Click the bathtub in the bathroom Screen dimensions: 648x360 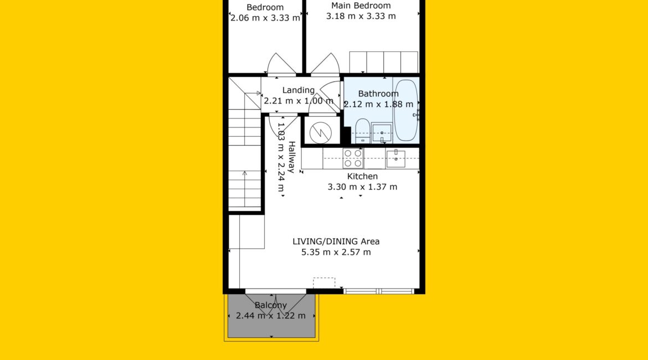406,110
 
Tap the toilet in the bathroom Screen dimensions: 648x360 362,131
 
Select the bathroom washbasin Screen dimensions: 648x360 382,133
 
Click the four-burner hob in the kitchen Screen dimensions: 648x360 353,158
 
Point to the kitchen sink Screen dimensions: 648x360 395,158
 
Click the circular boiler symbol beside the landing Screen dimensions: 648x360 321,133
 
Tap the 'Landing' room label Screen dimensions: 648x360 299,90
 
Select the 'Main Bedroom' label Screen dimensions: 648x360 361,6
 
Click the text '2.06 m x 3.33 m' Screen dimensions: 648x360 265,18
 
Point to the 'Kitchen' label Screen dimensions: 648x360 362,176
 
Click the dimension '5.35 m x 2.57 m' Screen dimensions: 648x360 336,252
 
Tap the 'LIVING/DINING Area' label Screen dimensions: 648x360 336,241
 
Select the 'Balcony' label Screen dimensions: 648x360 271,305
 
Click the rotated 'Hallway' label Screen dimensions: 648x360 292,157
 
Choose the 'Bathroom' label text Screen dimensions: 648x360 378,94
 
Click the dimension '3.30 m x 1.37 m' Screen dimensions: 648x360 362,187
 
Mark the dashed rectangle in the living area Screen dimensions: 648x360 324,282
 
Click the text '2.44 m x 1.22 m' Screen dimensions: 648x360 271,316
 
